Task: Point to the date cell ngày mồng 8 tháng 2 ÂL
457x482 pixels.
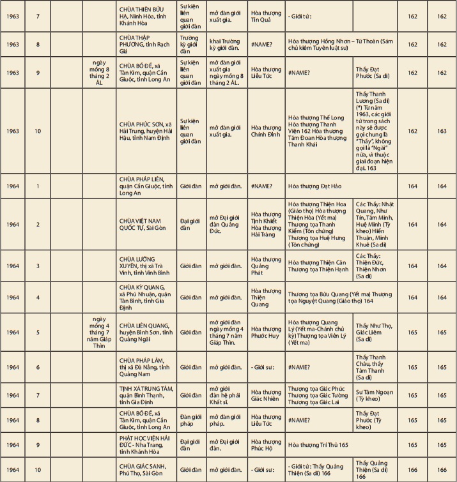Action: coord(99,72)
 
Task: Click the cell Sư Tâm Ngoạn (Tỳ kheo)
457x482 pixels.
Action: coord(375,395)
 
